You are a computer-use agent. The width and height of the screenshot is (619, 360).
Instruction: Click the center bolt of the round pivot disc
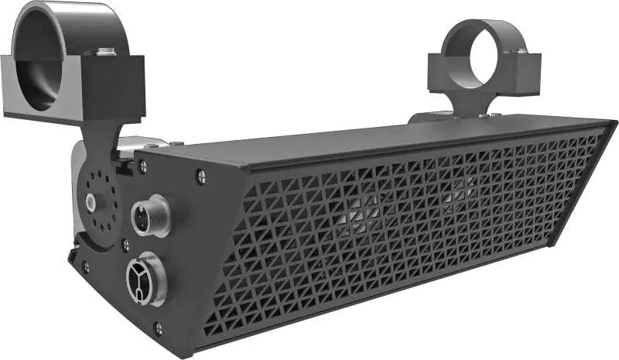click(91, 202)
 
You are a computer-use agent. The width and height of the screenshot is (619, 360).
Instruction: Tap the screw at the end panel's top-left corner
click(142, 165)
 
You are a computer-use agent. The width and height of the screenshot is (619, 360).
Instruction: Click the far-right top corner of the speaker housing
click(611, 123)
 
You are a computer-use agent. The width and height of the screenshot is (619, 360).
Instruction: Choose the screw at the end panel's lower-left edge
click(85, 266)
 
